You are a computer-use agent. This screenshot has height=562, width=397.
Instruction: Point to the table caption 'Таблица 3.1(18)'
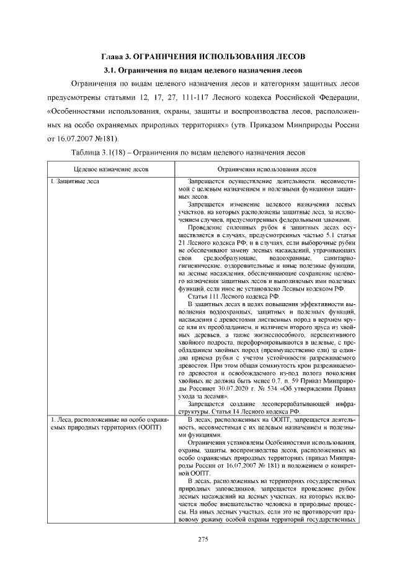click(100, 151)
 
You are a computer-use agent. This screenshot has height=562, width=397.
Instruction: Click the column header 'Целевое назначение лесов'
click(110, 168)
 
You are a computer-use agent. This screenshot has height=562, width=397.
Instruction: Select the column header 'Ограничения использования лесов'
click(265, 168)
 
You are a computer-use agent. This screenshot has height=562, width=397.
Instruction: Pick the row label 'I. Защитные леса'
click(74, 181)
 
